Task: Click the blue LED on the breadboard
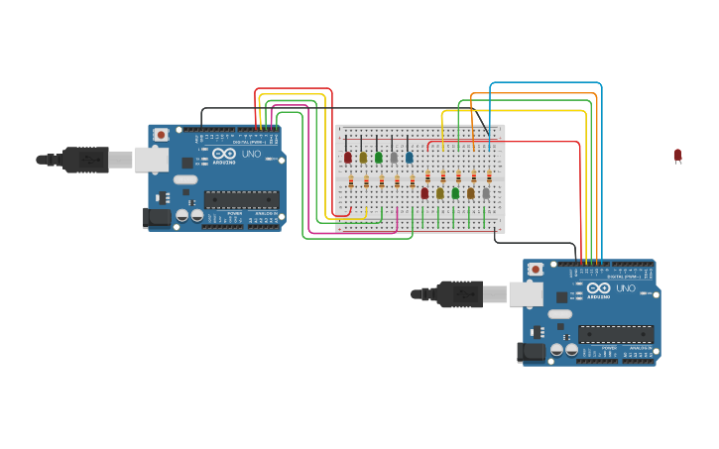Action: pos(409,157)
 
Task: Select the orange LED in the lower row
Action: pos(471,192)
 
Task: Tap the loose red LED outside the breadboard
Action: pos(677,155)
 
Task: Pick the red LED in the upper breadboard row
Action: pos(348,157)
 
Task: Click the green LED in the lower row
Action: pos(455,192)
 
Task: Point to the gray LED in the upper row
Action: pos(394,157)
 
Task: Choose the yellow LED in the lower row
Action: pos(440,192)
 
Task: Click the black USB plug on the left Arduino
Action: pos(84,159)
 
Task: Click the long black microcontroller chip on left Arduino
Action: pos(240,199)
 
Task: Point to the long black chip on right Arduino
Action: pos(616,334)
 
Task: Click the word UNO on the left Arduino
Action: pos(251,154)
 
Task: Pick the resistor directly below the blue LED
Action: pos(413,180)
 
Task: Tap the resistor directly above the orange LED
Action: pos(473,175)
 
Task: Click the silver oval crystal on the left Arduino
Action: pos(185,180)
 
